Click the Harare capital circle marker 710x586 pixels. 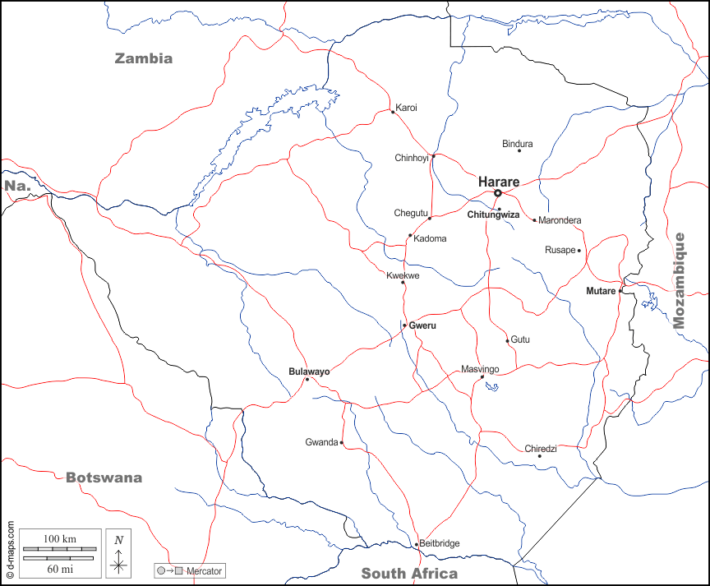(x=497, y=193)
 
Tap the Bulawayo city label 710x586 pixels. (x=309, y=371)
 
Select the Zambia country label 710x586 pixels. (x=144, y=58)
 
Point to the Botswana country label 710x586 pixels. (x=104, y=478)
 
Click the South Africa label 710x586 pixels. (x=409, y=574)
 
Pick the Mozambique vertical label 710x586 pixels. (x=679, y=280)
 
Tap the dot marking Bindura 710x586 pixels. (x=519, y=150)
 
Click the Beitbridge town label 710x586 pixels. (x=440, y=543)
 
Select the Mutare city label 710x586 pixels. (x=601, y=291)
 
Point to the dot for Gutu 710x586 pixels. (x=507, y=340)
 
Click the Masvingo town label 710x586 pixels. (x=480, y=369)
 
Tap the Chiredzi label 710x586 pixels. (x=541, y=448)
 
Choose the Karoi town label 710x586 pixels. (x=406, y=108)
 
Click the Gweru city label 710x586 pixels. (x=422, y=325)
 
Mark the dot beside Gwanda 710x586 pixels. (x=341, y=443)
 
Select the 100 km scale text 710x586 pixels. (x=59, y=538)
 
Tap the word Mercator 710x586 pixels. (x=205, y=570)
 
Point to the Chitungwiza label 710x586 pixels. (x=493, y=215)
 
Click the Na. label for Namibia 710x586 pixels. (x=17, y=186)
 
